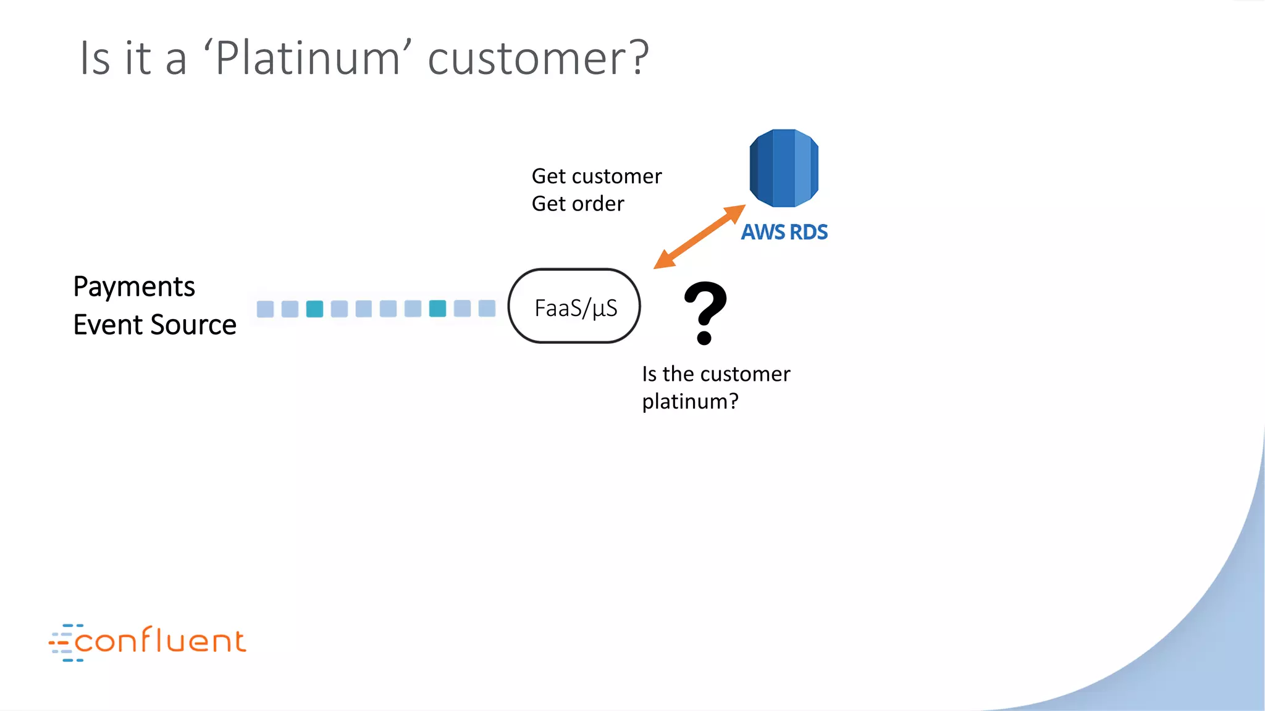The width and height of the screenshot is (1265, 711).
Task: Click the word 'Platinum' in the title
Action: pos(308,59)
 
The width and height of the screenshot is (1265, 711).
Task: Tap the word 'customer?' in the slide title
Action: pos(538,59)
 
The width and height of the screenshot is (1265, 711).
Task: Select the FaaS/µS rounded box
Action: pos(574,306)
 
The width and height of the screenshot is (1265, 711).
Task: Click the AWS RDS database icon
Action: pos(784,168)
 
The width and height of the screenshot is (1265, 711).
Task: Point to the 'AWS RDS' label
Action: pos(784,232)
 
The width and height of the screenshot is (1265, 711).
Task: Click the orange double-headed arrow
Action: pos(700,236)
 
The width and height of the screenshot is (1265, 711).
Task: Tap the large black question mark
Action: pos(705,312)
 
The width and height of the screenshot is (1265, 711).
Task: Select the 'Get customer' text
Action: pos(597,177)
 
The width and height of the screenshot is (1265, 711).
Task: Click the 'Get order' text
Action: pos(578,204)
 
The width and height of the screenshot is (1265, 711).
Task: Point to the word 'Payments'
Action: pos(134,287)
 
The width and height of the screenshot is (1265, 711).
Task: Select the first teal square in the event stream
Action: pos(314,309)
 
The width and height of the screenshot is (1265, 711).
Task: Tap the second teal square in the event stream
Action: pos(437,308)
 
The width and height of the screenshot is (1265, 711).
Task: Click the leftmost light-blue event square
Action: pos(265,309)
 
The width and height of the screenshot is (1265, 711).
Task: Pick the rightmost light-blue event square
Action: pos(487,308)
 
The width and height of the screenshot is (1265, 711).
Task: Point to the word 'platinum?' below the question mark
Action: pos(690,402)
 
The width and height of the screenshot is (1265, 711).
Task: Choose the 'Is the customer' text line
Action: pos(716,374)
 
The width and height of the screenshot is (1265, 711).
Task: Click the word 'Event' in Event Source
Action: pos(107,325)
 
